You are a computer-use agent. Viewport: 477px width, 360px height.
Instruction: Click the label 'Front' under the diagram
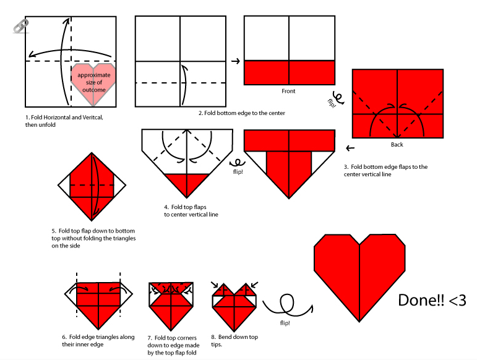(x=288, y=91)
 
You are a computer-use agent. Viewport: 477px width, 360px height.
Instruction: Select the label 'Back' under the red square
(x=397, y=145)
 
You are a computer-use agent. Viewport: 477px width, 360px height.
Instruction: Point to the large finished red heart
(x=359, y=272)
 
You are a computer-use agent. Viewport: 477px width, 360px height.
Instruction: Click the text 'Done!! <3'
(x=432, y=301)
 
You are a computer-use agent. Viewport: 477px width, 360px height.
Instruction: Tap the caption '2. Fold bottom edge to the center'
(x=242, y=113)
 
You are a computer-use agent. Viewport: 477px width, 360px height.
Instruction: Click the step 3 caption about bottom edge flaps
(x=385, y=171)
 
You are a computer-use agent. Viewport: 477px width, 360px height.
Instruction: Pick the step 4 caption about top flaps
(x=191, y=211)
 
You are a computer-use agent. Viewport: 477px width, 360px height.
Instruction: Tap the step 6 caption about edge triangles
(x=98, y=341)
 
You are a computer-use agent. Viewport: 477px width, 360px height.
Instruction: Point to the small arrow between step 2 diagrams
(x=235, y=61)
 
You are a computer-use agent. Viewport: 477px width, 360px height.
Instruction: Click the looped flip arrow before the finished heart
(x=286, y=304)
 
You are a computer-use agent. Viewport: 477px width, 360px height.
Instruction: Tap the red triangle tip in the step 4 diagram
(x=187, y=184)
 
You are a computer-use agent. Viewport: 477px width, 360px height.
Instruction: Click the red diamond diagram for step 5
(x=93, y=184)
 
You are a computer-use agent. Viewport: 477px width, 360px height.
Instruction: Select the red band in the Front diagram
(x=289, y=72)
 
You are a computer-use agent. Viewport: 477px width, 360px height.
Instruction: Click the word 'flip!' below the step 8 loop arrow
(x=286, y=323)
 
